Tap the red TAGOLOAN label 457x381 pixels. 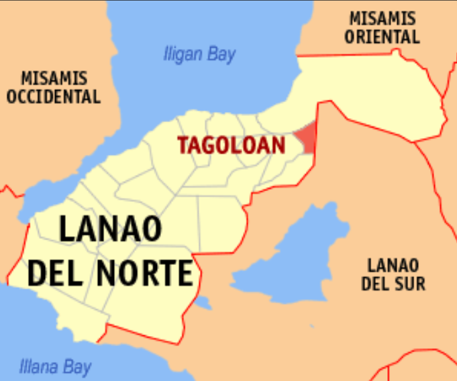[231, 145]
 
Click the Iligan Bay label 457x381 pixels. [199, 54]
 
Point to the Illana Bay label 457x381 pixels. [55, 366]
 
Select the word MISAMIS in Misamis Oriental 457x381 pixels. [382, 19]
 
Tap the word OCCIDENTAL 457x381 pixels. [54, 97]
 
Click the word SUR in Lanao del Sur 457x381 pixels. [409, 284]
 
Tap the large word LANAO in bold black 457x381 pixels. [111, 229]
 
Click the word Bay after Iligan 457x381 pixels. [221, 54]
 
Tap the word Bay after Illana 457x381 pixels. [77, 367]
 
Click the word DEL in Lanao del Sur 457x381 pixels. [376, 284]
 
